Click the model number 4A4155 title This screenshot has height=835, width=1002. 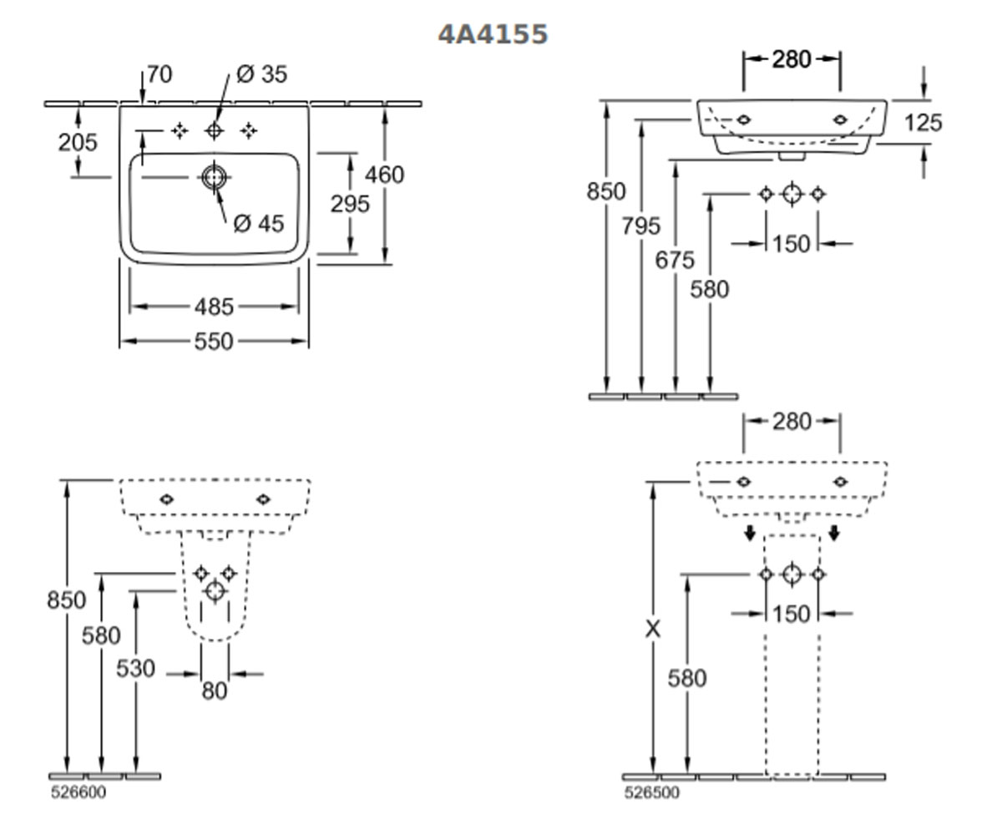click(x=493, y=34)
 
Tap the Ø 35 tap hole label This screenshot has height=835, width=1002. click(x=261, y=74)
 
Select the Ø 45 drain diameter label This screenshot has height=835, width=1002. click(x=259, y=223)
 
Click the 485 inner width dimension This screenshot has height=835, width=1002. click(x=214, y=306)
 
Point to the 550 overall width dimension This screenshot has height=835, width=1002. click(x=214, y=342)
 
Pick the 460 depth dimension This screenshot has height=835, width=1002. click(x=384, y=175)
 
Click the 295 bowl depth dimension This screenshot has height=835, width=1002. click(x=350, y=204)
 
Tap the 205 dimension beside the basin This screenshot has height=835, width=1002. click(x=78, y=143)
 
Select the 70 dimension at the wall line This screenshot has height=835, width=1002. click(x=159, y=74)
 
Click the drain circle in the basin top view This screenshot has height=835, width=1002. click(x=214, y=177)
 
